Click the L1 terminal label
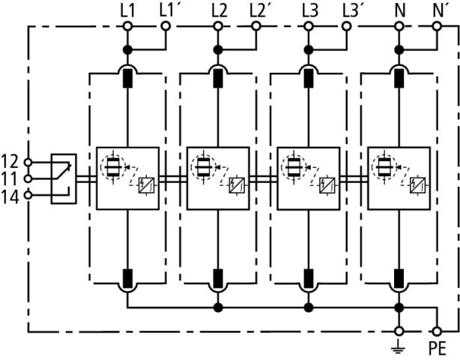coord(127,10)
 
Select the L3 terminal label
coord(310,10)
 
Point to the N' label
coord(441,10)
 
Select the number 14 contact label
coord(10,196)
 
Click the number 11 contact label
coord(10,178)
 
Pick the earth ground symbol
coord(399,346)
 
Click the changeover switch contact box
coord(63,178)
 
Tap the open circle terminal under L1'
coord(166,26)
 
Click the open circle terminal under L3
coord(307,26)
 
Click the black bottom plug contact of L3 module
coord(307,278)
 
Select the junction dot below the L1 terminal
coord(127,49)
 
